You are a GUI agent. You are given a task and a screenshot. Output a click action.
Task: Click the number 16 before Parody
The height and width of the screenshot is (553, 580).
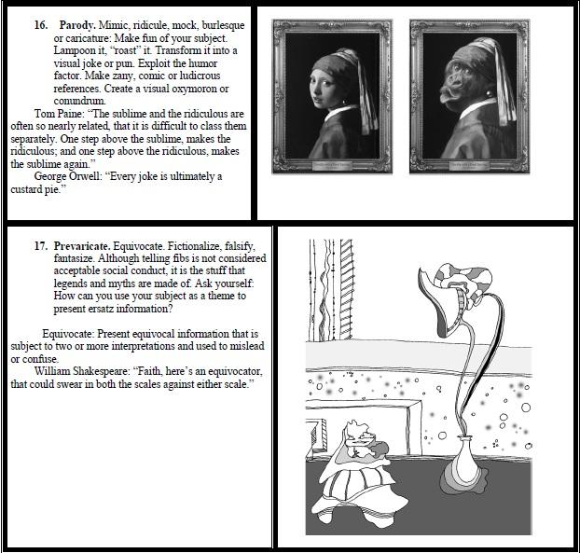(41, 25)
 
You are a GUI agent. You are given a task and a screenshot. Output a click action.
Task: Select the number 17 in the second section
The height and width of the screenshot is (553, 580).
(41, 246)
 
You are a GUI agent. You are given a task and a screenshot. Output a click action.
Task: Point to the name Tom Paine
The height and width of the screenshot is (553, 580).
(58, 114)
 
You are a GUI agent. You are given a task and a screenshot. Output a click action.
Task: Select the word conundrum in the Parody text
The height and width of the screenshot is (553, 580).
(79, 101)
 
